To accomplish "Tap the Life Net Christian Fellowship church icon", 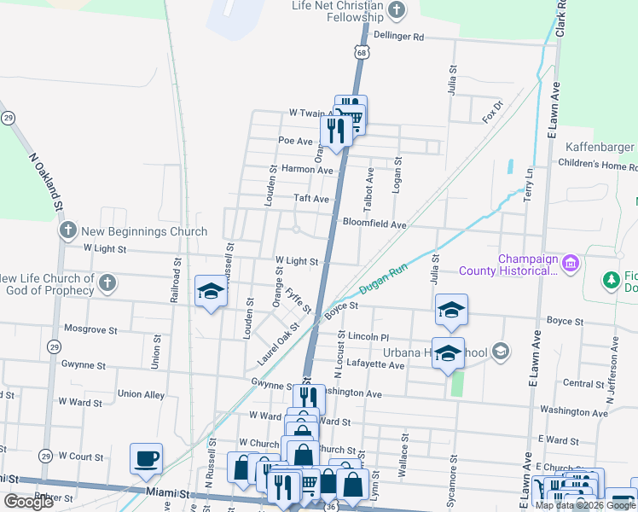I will tap(396, 11).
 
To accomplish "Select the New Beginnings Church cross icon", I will tap(68, 230).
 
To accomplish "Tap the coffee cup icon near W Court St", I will tap(146, 459).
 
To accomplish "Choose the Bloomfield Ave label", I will tap(374, 224).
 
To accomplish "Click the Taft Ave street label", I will tap(311, 198).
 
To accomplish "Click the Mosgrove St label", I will tap(90, 328).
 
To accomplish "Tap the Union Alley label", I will tap(142, 394).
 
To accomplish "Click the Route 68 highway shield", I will tap(362, 53).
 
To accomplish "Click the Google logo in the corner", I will tap(29, 502).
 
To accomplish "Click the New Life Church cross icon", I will tap(107, 282).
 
